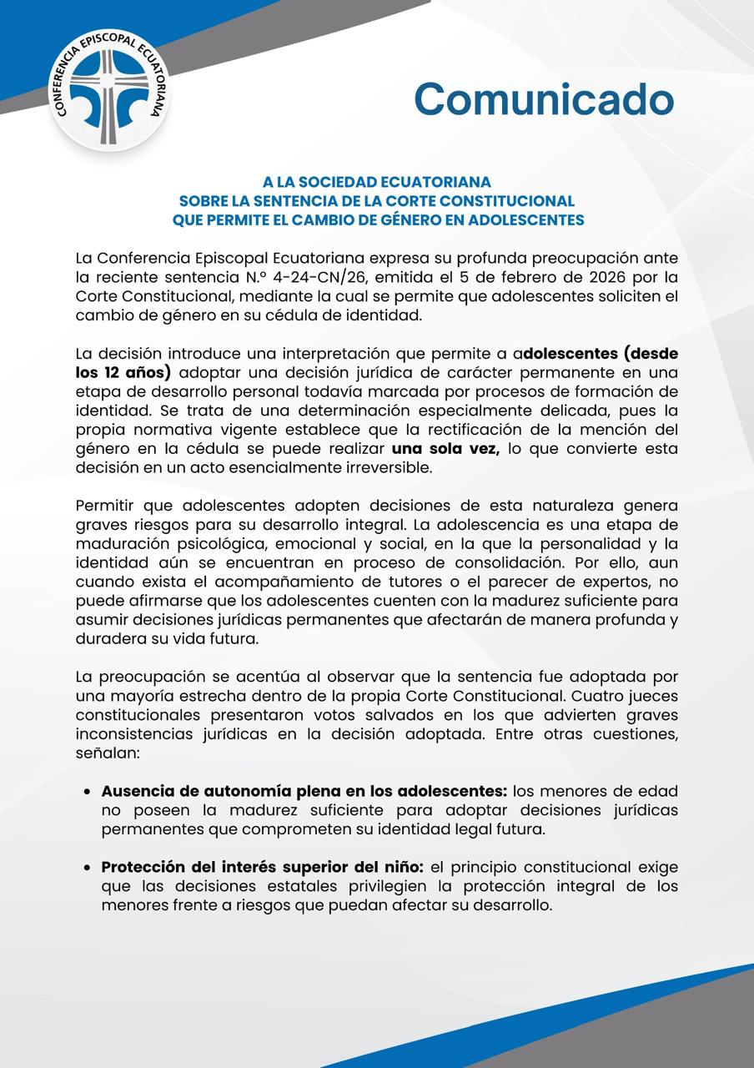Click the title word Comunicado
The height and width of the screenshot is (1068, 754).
point(544,98)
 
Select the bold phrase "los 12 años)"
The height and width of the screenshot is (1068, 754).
point(123,372)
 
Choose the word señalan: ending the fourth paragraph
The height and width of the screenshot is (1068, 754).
point(107,753)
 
